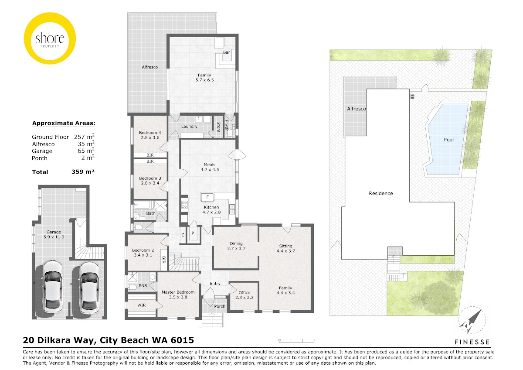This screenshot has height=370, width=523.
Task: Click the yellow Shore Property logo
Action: [x=50, y=38]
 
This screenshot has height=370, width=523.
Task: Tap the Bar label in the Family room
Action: [x=227, y=52]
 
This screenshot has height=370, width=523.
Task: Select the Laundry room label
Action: [x=189, y=127]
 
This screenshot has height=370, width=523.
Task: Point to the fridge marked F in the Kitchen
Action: [x=207, y=197]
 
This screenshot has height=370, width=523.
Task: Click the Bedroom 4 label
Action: [x=150, y=133]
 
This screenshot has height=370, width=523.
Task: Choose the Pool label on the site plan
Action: [x=448, y=140]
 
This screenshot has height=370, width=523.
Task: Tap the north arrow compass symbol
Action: [x=472, y=320]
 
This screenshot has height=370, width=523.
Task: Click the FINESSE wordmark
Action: [x=472, y=342]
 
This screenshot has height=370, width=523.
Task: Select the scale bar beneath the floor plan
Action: [x=296, y=341]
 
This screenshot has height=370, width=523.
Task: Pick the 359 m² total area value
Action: [x=83, y=172]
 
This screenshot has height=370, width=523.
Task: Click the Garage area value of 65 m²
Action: [x=86, y=151]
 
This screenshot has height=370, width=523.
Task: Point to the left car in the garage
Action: [x=53, y=289]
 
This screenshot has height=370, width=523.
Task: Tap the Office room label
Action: [x=244, y=293]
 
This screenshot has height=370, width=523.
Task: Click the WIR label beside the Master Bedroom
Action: [x=142, y=305]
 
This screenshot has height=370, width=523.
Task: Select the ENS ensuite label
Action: [x=143, y=286]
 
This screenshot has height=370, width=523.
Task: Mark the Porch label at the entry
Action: [x=220, y=306]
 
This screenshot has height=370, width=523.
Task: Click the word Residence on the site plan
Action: [x=381, y=193]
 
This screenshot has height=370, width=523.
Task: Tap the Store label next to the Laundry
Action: [x=218, y=127]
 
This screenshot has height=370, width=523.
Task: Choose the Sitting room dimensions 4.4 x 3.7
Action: [x=286, y=251]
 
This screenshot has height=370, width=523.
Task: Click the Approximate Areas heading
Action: [x=64, y=123]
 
